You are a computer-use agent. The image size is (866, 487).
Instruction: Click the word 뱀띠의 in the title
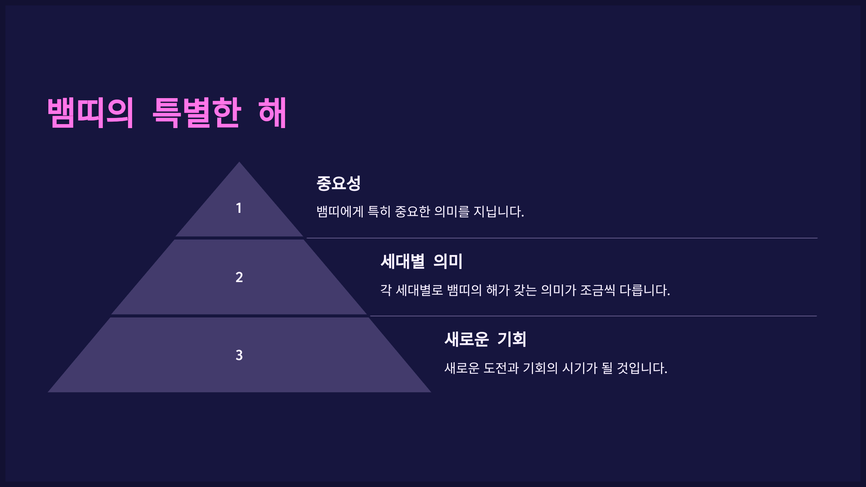[x=91, y=113]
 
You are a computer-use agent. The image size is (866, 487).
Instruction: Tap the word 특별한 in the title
[x=197, y=113]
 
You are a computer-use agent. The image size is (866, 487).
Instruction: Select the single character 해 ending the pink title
[x=272, y=113]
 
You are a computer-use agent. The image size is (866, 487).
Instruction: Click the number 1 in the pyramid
[x=239, y=208]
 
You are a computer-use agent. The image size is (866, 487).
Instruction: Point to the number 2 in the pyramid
[x=239, y=277]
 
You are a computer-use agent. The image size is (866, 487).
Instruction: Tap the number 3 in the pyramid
[x=239, y=355]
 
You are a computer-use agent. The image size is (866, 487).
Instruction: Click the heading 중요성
[x=338, y=183]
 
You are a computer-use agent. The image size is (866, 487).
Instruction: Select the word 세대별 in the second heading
[x=403, y=261]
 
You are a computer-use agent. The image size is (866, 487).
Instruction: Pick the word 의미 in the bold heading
[x=448, y=261]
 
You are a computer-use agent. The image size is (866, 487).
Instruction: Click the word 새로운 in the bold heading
[x=467, y=339]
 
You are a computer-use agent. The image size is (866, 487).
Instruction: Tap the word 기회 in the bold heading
[x=512, y=339]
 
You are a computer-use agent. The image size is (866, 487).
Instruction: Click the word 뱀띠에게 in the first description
[x=340, y=211]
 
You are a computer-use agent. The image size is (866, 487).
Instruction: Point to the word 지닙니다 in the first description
[x=498, y=211]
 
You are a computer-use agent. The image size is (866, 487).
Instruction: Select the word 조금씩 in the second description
[x=598, y=290]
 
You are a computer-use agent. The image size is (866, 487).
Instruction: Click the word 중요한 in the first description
[x=413, y=211]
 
